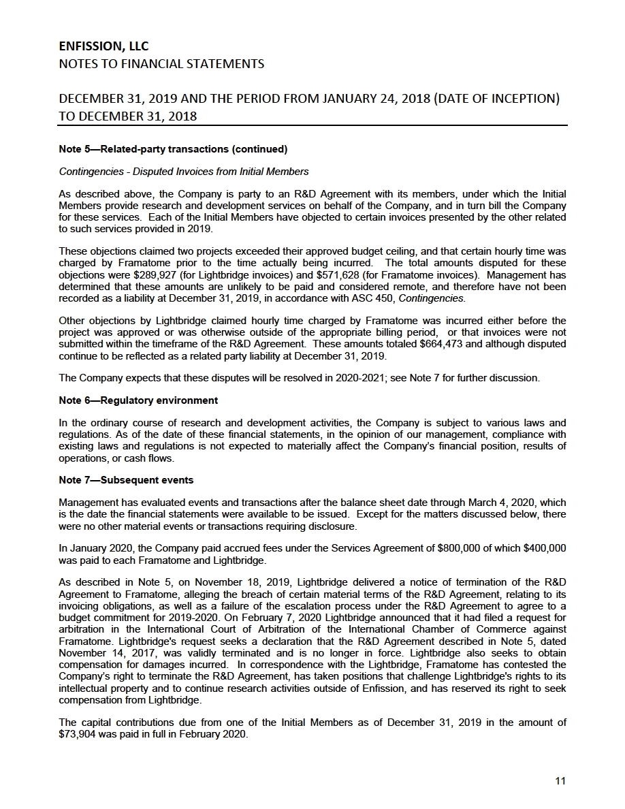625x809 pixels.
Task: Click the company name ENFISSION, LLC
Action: [x=103, y=46]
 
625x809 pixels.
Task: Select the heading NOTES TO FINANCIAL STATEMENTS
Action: [x=161, y=65]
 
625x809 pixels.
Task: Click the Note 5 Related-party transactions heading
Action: [x=173, y=149]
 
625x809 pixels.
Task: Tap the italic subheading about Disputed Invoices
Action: [x=184, y=172]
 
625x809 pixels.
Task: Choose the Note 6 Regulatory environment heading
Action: [x=138, y=400]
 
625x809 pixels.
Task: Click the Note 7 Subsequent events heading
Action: [x=126, y=480]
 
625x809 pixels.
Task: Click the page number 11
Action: [x=560, y=781]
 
